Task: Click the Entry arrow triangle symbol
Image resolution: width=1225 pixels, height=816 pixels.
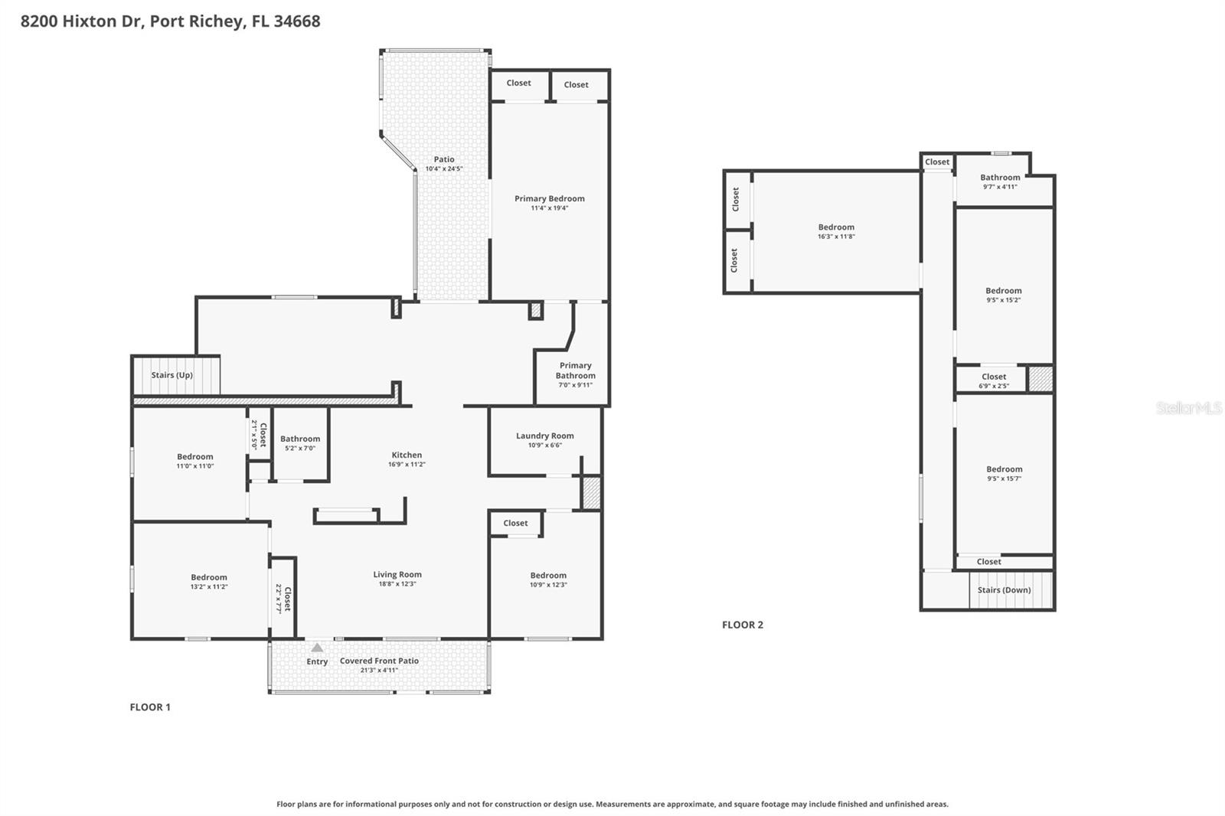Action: point(317,648)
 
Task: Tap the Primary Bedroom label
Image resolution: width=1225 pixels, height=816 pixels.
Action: point(549,199)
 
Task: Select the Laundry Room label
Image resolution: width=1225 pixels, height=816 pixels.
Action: point(544,436)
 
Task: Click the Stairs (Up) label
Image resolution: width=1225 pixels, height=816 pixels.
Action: point(171,375)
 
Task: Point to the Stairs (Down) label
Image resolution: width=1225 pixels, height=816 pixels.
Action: point(1004,590)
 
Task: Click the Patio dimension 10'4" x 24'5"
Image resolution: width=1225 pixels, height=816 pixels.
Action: point(444,169)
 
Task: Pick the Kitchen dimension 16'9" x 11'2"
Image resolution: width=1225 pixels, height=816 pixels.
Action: point(407,465)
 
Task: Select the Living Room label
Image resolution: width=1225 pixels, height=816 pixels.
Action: point(397,574)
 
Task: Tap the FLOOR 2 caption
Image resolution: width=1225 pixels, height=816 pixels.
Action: point(742,625)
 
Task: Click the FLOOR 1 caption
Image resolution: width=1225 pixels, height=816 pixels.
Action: point(150,707)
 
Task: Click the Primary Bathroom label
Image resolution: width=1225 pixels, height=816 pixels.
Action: point(576,370)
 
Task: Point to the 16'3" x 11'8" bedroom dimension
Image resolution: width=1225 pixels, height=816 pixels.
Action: point(836,237)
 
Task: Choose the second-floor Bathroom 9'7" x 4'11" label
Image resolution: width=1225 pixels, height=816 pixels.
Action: point(1000,178)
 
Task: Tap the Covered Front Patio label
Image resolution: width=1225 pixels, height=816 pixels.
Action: point(379,661)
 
